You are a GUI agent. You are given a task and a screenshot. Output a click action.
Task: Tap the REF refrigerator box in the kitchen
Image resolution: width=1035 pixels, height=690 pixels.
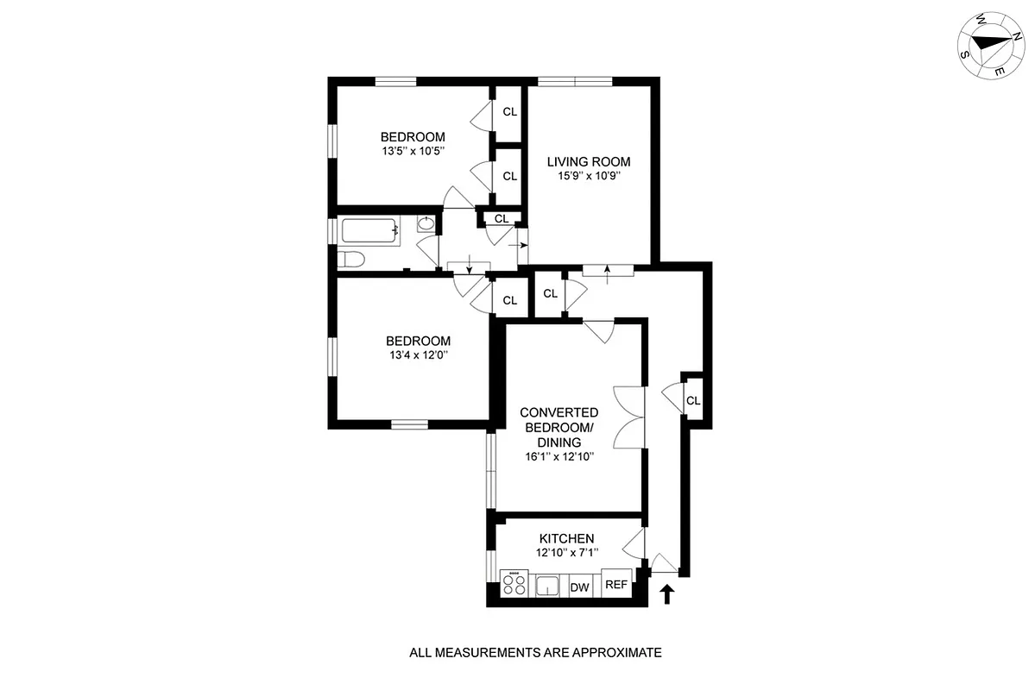pos(615,584)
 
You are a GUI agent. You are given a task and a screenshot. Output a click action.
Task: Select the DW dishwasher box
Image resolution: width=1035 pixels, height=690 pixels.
pos(580,587)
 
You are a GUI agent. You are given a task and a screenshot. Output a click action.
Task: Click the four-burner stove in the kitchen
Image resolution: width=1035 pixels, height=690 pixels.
pos(514,586)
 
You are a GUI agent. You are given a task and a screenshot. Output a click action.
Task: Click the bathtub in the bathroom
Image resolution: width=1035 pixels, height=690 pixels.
pos(370,230)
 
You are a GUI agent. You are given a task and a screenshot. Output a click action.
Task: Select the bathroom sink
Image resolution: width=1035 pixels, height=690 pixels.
pos(426,224)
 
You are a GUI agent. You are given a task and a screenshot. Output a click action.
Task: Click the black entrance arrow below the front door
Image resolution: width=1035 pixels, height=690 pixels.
pos(666,593)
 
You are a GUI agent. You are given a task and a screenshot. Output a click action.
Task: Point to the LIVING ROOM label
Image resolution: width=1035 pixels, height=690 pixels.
pos(588,161)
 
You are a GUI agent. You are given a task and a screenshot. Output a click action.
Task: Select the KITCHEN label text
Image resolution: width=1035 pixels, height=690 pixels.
pos(566,538)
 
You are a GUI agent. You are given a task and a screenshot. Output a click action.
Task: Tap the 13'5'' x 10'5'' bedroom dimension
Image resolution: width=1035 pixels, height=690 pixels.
pos(413,151)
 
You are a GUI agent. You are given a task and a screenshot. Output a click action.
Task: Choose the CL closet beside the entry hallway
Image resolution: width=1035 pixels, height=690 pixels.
pos(692,400)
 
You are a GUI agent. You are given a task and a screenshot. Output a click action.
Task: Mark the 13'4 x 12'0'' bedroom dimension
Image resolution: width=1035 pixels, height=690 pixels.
pos(418,354)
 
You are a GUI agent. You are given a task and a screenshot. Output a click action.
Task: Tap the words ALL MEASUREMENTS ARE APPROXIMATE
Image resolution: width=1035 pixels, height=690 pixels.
pos(535,653)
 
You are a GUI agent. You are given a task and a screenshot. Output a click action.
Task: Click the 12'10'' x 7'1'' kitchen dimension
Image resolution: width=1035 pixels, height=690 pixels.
pos(566,553)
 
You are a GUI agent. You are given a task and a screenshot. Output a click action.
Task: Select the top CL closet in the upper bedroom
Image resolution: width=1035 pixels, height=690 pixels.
pos(509,111)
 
